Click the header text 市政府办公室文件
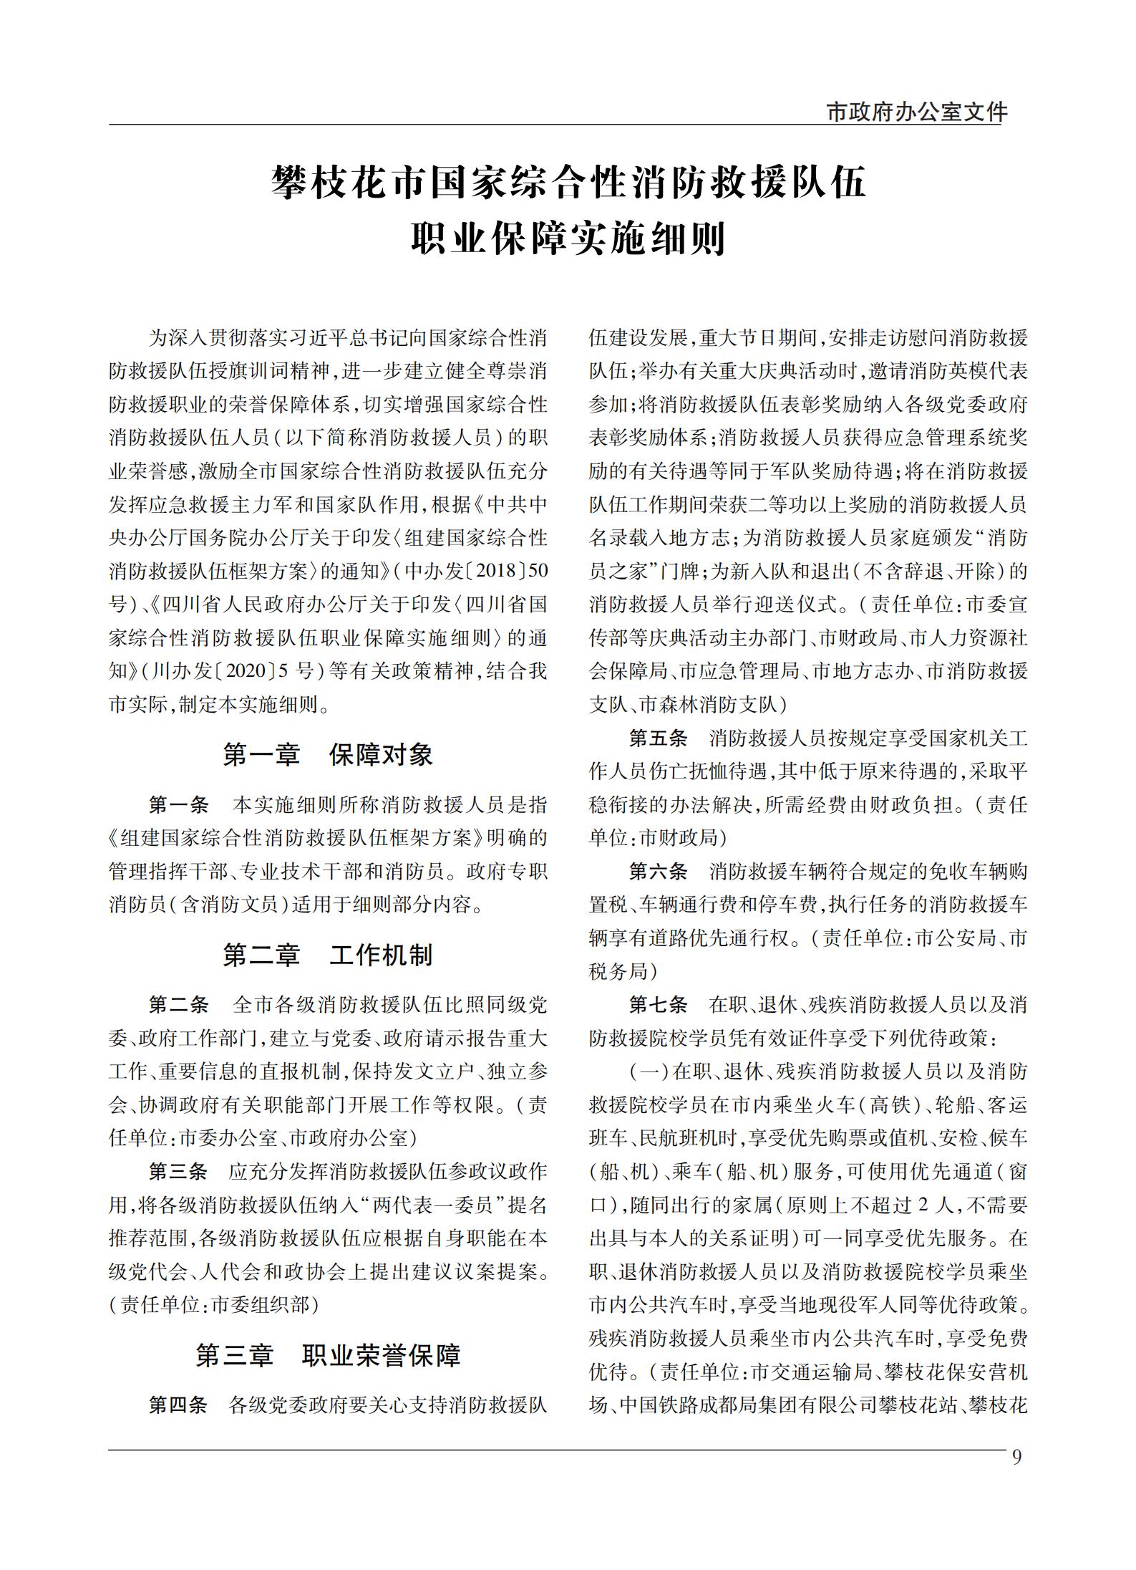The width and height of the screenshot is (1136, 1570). pyautogui.click(x=916, y=112)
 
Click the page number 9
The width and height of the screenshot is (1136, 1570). pyautogui.click(x=1017, y=1458)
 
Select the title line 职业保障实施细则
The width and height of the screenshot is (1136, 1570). pyautogui.click(x=568, y=240)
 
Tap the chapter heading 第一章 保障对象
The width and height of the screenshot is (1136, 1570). pyautogui.click(x=328, y=755)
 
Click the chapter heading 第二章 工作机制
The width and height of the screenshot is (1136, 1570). pyautogui.click(x=328, y=955)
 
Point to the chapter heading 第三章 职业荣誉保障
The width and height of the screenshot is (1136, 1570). pyautogui.click(x=328, y=1355)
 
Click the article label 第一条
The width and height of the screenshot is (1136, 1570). pyautogui.click(x=178, y=806)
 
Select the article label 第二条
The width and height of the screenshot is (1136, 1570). pyautogui.click(x=178, y=1005)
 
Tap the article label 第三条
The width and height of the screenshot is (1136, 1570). pyautogui.click(x=178, y=1172)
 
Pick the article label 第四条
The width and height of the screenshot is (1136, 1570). pyautogui.click(x=178, y=1405)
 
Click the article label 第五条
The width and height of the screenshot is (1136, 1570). pyautogui.click(x=658, y=738)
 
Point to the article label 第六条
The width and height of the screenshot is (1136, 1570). pyautogui.click(x=658, y=872)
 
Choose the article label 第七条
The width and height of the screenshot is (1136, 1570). pyautogui.click(x=658, y=1005)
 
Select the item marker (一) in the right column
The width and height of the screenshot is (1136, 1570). pyautogui.click(x=649, y=1072)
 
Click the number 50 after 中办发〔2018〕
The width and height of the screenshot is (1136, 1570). pyautogui.click(x=538, y=572)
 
